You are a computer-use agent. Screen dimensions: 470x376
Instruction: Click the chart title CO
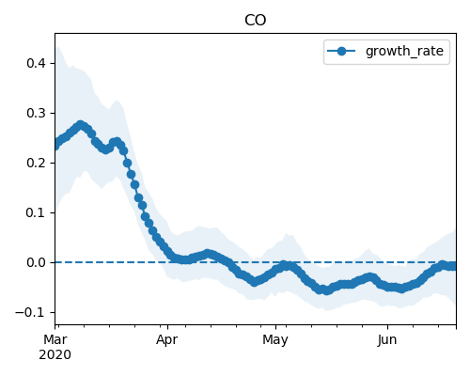click(x=255, y=21)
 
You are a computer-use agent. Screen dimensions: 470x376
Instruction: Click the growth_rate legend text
click(x=404, y=51)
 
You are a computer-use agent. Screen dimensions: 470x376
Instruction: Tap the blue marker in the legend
click(x=341, y=51)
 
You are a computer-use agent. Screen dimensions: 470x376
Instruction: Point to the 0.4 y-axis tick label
click(x=37, y=63)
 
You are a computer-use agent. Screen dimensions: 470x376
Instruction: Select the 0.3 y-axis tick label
click(x=37, y=113)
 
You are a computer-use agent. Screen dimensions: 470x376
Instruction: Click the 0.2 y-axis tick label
click(x=37, y=163)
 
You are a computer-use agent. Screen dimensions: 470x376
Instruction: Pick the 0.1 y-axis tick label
click(x=37, y=212)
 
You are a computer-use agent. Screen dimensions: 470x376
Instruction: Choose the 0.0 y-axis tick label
click(x=37, y=262)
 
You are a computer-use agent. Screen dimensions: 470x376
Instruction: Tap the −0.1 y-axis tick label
click(x=30, y=312)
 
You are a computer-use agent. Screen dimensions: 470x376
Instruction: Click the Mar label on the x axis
click(x=55, y=339)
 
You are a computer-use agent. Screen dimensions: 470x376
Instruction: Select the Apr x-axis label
click(x=167, y=340)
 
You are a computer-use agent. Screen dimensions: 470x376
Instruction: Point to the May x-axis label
click(x=275, y=340)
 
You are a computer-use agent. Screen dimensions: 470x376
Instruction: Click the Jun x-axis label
click(x=387, y=339)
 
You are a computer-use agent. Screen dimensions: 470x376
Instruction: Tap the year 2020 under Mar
click(x=55, y=355)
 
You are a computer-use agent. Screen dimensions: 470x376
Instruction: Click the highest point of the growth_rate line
click(x=81, y=125)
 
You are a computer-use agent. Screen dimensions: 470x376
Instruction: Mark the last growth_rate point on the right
click(x=454, y=266)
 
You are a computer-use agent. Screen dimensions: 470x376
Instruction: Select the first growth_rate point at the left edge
click(x=55, y=146)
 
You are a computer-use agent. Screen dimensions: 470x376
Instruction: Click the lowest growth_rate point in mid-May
click(x=327, y=290)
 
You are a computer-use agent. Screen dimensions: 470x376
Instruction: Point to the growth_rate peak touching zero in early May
click(x=284, y=266)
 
